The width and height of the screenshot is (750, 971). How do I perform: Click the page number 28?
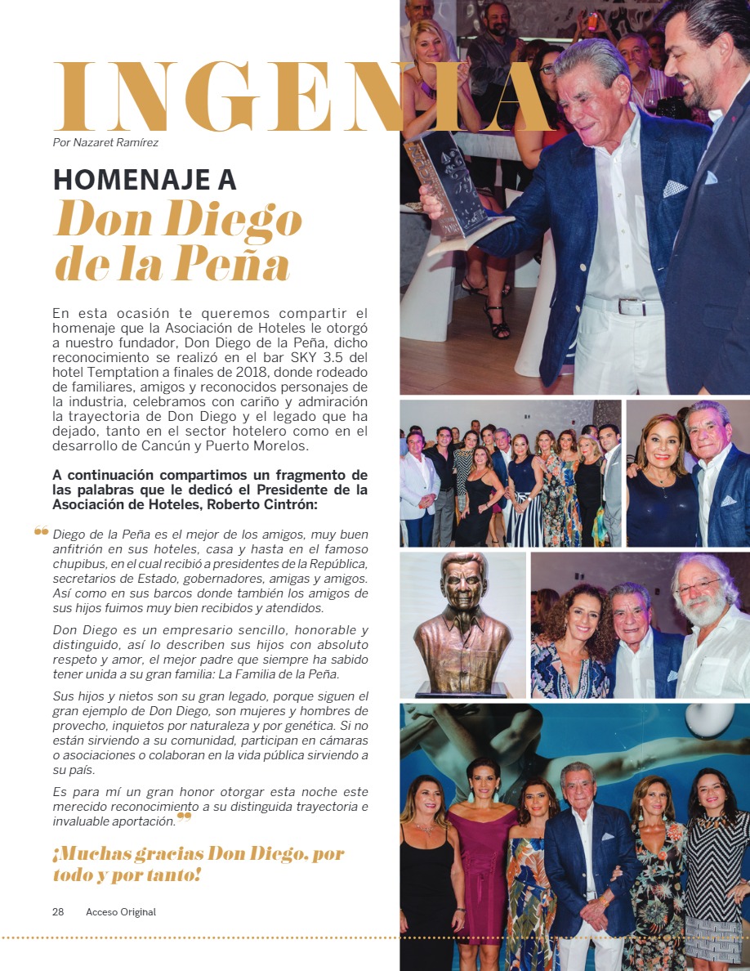coord(58,912)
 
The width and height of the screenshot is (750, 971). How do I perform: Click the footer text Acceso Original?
coord(121,912)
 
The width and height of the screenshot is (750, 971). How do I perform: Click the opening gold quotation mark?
coord(42,532)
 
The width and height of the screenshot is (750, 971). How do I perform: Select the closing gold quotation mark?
coord(185,816)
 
